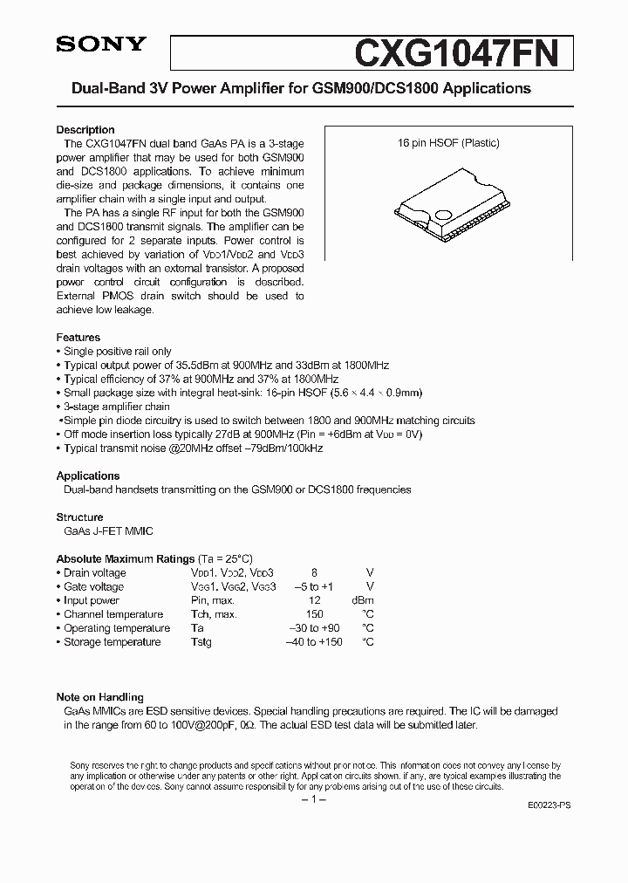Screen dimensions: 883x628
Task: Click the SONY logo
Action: (101, 46)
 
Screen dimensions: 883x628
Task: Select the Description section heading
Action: (85, 130)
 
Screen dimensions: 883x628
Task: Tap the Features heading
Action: (78, 337)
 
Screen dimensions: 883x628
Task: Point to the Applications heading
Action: (88, 476)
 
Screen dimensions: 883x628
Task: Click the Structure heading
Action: (79, 517)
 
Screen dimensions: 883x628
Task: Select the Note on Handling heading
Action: (100, 697)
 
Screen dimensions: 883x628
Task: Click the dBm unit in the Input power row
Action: (362, 600)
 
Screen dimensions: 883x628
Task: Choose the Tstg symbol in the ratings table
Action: (201, 642)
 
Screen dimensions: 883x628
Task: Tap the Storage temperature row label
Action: (112, 642)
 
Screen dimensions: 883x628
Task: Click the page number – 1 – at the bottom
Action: (313, 800)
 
